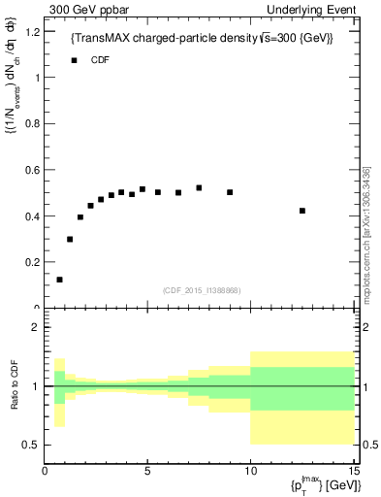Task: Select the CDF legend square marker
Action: click(x=73, y=60)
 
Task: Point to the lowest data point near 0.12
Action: click(x=59, y=280)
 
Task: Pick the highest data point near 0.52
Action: click(x=199, y=187)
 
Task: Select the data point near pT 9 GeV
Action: click(x=230, y=192)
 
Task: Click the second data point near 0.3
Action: click(x=70, y=239)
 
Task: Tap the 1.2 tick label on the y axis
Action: click(x=32, y=32)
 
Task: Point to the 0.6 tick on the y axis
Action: click(x=32, y=170)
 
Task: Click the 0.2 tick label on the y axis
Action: click(x=32, y=262)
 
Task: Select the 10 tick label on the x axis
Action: click(x=250, y=472)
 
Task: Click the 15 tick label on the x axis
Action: click(x=353, y=472)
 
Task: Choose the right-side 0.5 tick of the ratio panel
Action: click(x=367, y=445)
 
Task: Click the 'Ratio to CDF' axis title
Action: click(x=16, y=386)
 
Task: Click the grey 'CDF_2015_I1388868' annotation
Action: click(x=202, y=291)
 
